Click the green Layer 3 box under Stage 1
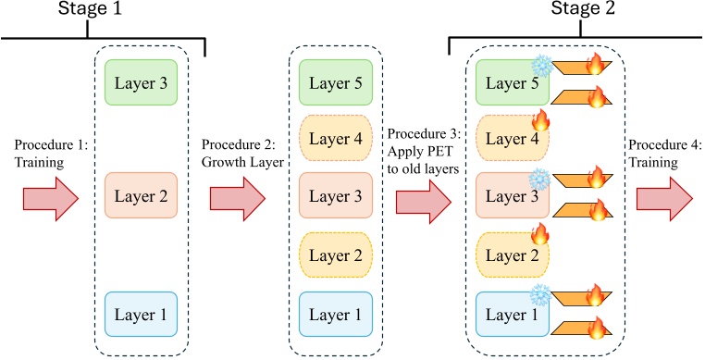point(142,82)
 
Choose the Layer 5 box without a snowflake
point(336,82)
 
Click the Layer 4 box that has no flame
point(336,140)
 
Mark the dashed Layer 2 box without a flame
point(336,252)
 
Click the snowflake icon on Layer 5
point(539,66)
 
